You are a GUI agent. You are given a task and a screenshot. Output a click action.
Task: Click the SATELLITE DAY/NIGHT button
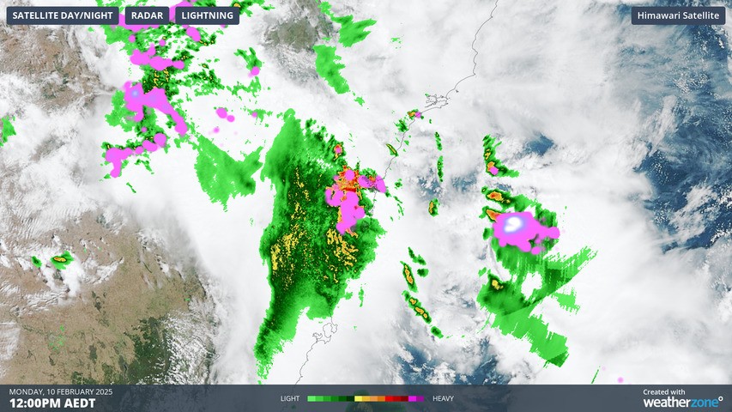coord(63,15)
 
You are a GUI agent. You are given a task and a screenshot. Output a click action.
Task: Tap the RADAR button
coord(147,15)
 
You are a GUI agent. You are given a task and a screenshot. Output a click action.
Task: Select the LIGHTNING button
coord(207,15)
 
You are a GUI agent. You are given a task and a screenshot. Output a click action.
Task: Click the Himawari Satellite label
coord(677,15)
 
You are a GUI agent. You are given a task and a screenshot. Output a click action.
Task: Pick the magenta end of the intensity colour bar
coord(420,398)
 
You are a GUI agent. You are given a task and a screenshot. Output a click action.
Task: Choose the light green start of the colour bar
coord(312,398)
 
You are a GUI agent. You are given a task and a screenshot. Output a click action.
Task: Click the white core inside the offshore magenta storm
coord(513,225)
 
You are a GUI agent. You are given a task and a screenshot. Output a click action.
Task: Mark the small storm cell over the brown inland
coord(60,257)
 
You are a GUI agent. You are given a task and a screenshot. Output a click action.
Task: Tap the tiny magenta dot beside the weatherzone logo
coord(620,379)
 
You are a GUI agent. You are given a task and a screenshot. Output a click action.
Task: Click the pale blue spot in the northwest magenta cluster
coord(135,90)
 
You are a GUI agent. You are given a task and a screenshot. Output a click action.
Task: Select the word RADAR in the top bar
coord(147,15)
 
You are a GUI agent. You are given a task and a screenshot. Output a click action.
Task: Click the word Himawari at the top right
coord(659,15)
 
